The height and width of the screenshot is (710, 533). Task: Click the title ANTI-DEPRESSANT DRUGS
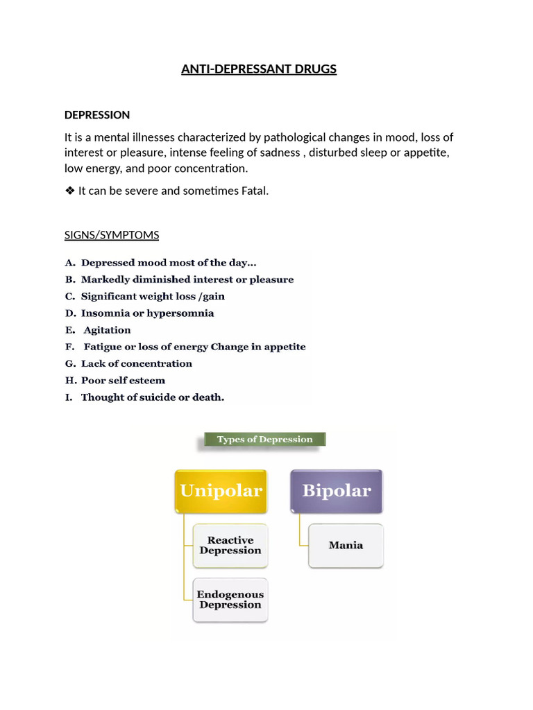(258, 69)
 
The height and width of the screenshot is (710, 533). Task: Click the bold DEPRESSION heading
(97, 114)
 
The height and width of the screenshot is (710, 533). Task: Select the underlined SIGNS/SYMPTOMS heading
(112, 235)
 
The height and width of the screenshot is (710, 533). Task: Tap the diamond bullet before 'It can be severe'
(69, 191)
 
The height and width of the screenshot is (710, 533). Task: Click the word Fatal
(253, 191)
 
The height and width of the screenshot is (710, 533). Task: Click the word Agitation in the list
(107, 330)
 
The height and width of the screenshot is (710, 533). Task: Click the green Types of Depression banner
(264, 440)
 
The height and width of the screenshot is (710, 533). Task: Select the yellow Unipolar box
(221, 491)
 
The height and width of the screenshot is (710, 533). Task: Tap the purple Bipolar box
(337, 491)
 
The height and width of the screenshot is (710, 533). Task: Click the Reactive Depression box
(230, 546)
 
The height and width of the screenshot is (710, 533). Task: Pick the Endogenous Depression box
(230, 599)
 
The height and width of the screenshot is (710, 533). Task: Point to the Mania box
(346, 545)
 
